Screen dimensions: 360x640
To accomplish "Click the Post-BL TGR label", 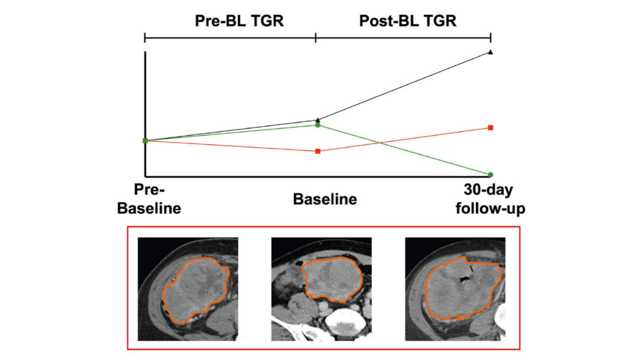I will click(408, 21).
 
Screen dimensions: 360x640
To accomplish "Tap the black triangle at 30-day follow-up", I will click(490, 52).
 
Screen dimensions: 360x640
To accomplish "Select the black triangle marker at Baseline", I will click(318, 120).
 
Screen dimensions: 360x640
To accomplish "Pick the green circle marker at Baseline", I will click(318, 125).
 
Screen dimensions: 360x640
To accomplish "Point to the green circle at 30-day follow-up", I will click(490, 175).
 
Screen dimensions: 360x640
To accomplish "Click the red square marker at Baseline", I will click(318, 151).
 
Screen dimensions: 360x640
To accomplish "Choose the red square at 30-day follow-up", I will click(490, 127).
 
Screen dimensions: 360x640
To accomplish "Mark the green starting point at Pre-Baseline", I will click(145, 140).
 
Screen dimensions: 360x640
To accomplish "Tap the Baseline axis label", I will click(325, 199).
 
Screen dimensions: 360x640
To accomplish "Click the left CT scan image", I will click(188, 289).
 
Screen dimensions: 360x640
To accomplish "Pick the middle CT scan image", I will click(321, 289).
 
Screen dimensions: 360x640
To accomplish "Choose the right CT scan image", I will click(455, 289).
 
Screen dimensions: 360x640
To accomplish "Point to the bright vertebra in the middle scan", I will click(345, 323).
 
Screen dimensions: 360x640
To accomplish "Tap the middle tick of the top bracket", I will click(316, 37).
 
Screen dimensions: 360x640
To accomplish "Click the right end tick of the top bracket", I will click(490, 37).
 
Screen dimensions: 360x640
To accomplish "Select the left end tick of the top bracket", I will click(145, 37).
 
